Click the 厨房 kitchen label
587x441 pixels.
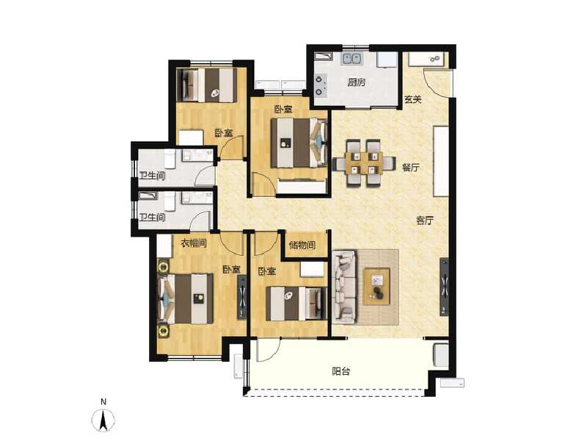pos(357,82)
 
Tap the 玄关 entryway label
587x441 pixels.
pos(413,101)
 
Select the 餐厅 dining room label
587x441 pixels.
pos(410,168)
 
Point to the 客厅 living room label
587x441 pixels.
pos(425,220)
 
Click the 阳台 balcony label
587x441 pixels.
pos(341,371)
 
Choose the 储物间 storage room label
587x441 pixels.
pos(302,245)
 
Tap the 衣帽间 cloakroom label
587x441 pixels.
pos(193,243)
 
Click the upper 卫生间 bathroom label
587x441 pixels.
pos(152,176)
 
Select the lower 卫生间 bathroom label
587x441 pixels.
pos(152,218)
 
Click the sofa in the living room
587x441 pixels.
pos(344,287)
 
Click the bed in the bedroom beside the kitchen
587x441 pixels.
pos(298,142)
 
